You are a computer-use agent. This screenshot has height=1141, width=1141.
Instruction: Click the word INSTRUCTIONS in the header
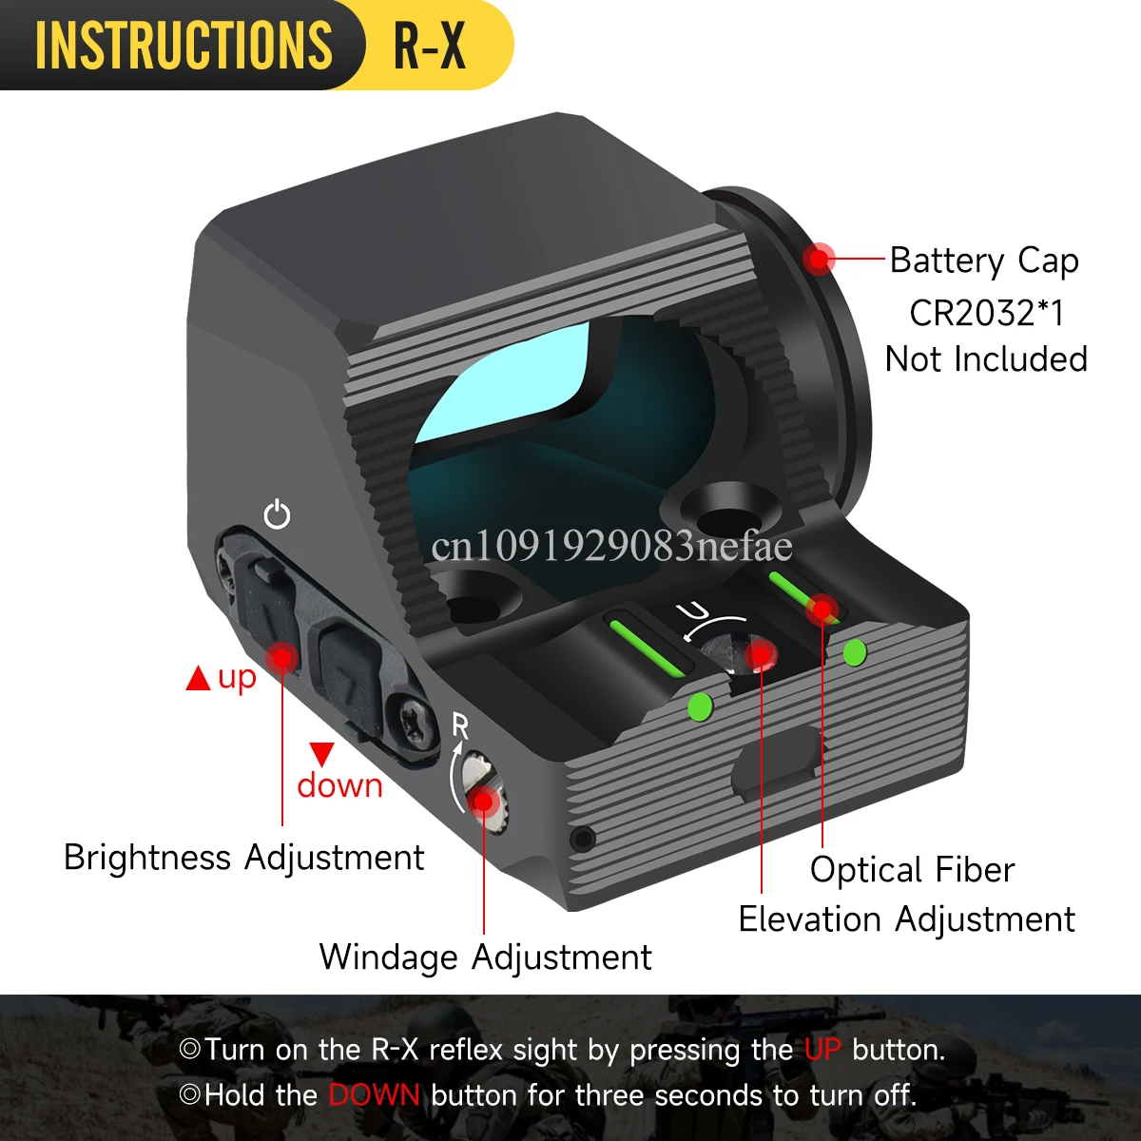click(184, 45)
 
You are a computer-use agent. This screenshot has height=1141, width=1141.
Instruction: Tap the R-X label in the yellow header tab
click(430, 45)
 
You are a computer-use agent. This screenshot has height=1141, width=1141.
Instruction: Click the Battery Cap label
click(984, 261)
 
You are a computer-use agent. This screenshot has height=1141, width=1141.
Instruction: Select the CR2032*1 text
click(986, 312)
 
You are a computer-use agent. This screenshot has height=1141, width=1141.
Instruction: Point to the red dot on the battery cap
click(819, 258)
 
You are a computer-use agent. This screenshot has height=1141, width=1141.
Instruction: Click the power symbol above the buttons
click(277, 514)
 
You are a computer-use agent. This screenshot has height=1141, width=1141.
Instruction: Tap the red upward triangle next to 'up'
click(198, 679)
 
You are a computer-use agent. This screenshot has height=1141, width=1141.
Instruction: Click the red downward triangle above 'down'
click(322, 754)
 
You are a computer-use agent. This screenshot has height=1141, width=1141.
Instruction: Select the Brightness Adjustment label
click(243, 858)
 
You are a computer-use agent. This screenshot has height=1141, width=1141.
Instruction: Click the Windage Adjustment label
click(485, 957)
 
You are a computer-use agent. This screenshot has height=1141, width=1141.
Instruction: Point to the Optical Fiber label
click(912, 869)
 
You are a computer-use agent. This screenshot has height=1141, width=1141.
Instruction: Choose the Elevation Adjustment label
click(906, 919)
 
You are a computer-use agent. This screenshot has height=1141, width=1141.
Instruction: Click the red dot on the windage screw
click(484, 801)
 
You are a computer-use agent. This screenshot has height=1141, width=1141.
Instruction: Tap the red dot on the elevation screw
click(761, 654)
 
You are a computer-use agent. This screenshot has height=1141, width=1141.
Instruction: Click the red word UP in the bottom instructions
click(822, 1050)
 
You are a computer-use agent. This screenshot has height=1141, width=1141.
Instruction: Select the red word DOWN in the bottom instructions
click(374, 1095)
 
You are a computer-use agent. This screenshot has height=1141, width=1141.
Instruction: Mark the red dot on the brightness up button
click(281, 656)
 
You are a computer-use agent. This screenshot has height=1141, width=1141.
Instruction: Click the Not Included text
click(986, 359)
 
